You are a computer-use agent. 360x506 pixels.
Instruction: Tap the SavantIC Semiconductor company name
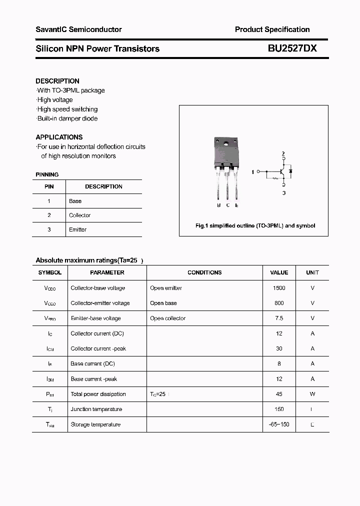pos(78,29)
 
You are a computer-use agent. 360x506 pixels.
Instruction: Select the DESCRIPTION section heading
pos(57,81)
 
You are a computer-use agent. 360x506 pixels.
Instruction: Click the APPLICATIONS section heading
pos(59,137)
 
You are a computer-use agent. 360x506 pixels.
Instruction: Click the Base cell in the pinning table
pos(75,201)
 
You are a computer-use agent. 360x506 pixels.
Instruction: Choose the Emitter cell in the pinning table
pos(77,229)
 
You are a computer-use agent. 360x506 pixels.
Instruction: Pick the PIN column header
pos(49,186)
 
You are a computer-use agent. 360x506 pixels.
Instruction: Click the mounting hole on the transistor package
pos(226,145)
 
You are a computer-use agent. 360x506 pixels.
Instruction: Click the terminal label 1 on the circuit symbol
pos(253,172)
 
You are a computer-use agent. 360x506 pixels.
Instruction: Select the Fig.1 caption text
pos(255,226)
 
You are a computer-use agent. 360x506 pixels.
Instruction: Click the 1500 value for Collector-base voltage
pos(279,288)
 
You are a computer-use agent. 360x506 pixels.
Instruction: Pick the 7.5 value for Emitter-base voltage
pos(279,318)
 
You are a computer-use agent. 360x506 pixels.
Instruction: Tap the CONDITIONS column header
pos(204,272)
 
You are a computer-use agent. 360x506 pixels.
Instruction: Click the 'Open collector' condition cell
pos(167,318)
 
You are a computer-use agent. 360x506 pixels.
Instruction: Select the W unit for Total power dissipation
pos(312,394)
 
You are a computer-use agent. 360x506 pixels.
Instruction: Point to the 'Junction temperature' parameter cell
pos(96,409)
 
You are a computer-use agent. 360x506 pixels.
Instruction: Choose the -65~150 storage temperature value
pos(279,424)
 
